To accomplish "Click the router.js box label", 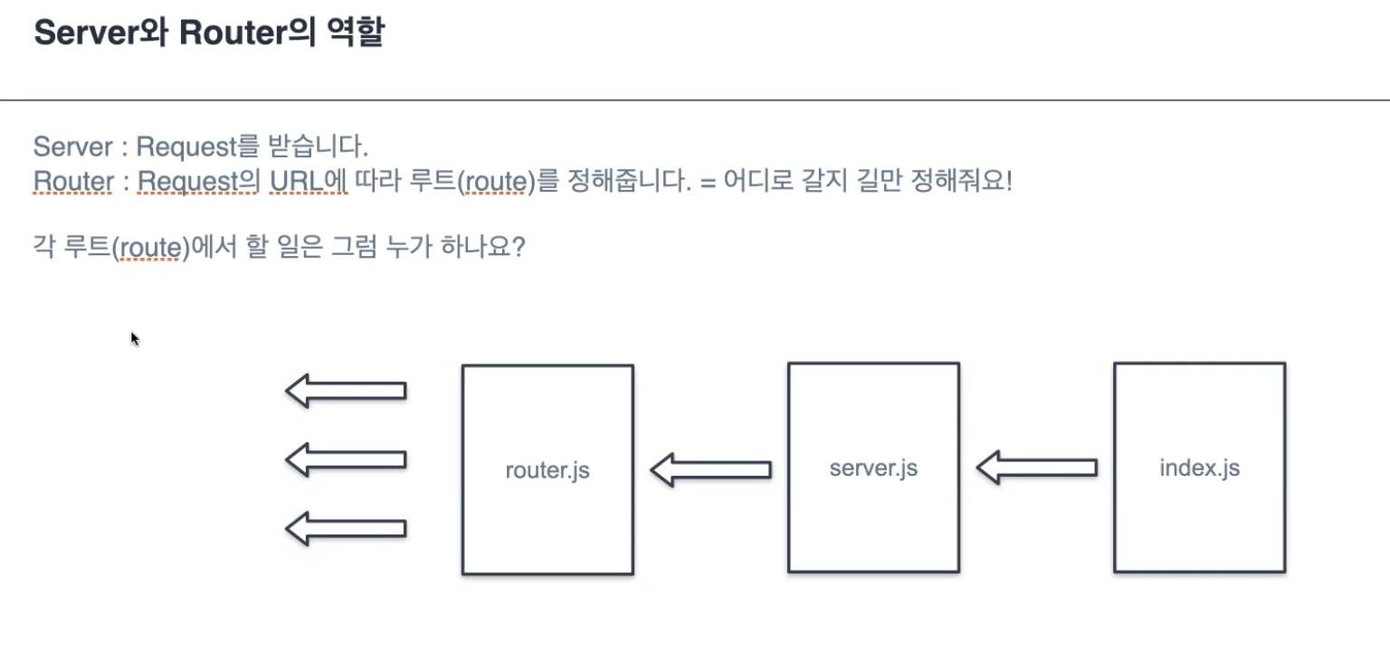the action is point(547,470).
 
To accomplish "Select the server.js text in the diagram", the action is point(873,468).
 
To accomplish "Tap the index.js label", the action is point(1199,468).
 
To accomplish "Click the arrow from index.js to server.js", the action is point(1036,468).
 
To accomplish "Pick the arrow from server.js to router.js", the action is point(710,470).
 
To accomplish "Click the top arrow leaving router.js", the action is point(346,390).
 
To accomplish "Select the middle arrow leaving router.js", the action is point(346,459).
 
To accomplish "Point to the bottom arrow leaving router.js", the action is point(346,528).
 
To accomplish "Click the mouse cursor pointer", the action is point(134,337).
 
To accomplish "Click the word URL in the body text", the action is point(297,182).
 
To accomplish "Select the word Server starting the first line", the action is point(72,146).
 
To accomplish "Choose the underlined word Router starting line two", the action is point(73,182).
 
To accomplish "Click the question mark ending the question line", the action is point(519,247).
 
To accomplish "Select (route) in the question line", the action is point(150,247).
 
